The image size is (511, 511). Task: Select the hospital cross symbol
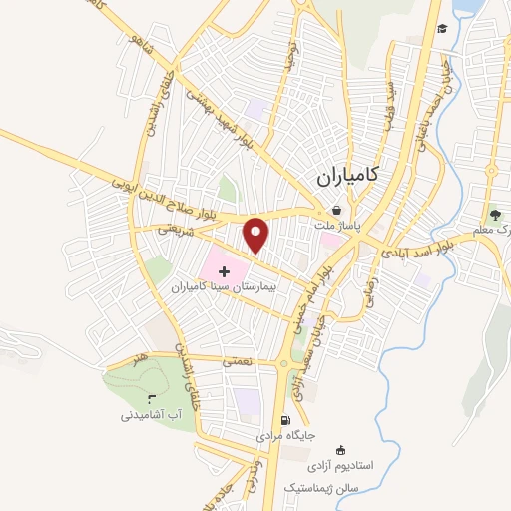point(223,270)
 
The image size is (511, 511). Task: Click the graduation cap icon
point(441,27)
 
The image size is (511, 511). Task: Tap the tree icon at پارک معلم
point(494,214)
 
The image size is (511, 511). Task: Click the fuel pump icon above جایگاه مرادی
point(286,420)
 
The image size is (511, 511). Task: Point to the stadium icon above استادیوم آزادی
point(342,450)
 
